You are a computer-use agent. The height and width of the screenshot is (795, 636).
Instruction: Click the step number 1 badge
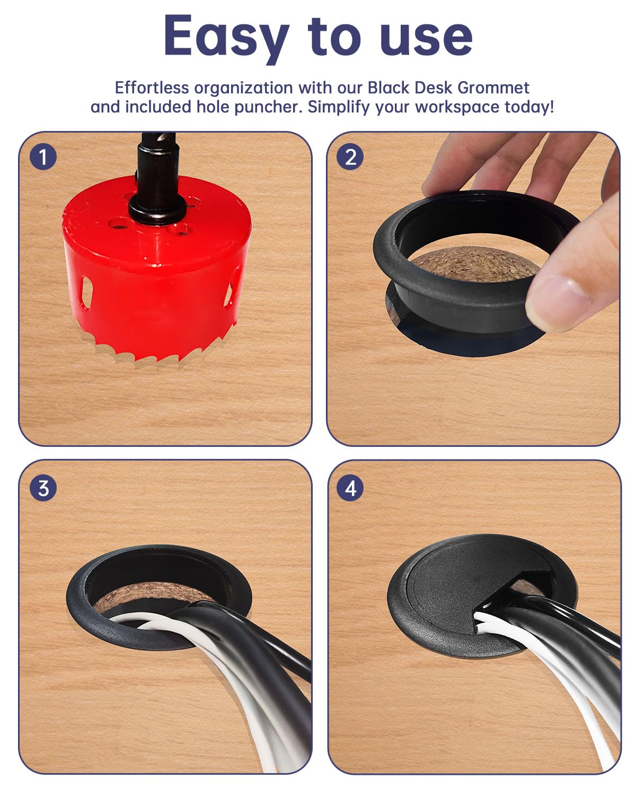point(43,157)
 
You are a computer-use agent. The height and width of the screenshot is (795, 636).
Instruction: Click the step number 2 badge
point(350,157)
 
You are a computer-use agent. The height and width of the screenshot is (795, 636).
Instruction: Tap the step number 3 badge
point(43,488)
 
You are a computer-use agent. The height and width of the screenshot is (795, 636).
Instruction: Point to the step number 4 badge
point(350,488)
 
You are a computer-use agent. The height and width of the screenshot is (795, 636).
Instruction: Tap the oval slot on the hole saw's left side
point(86,292)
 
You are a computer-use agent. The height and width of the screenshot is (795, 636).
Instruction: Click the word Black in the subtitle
point(390,87)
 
